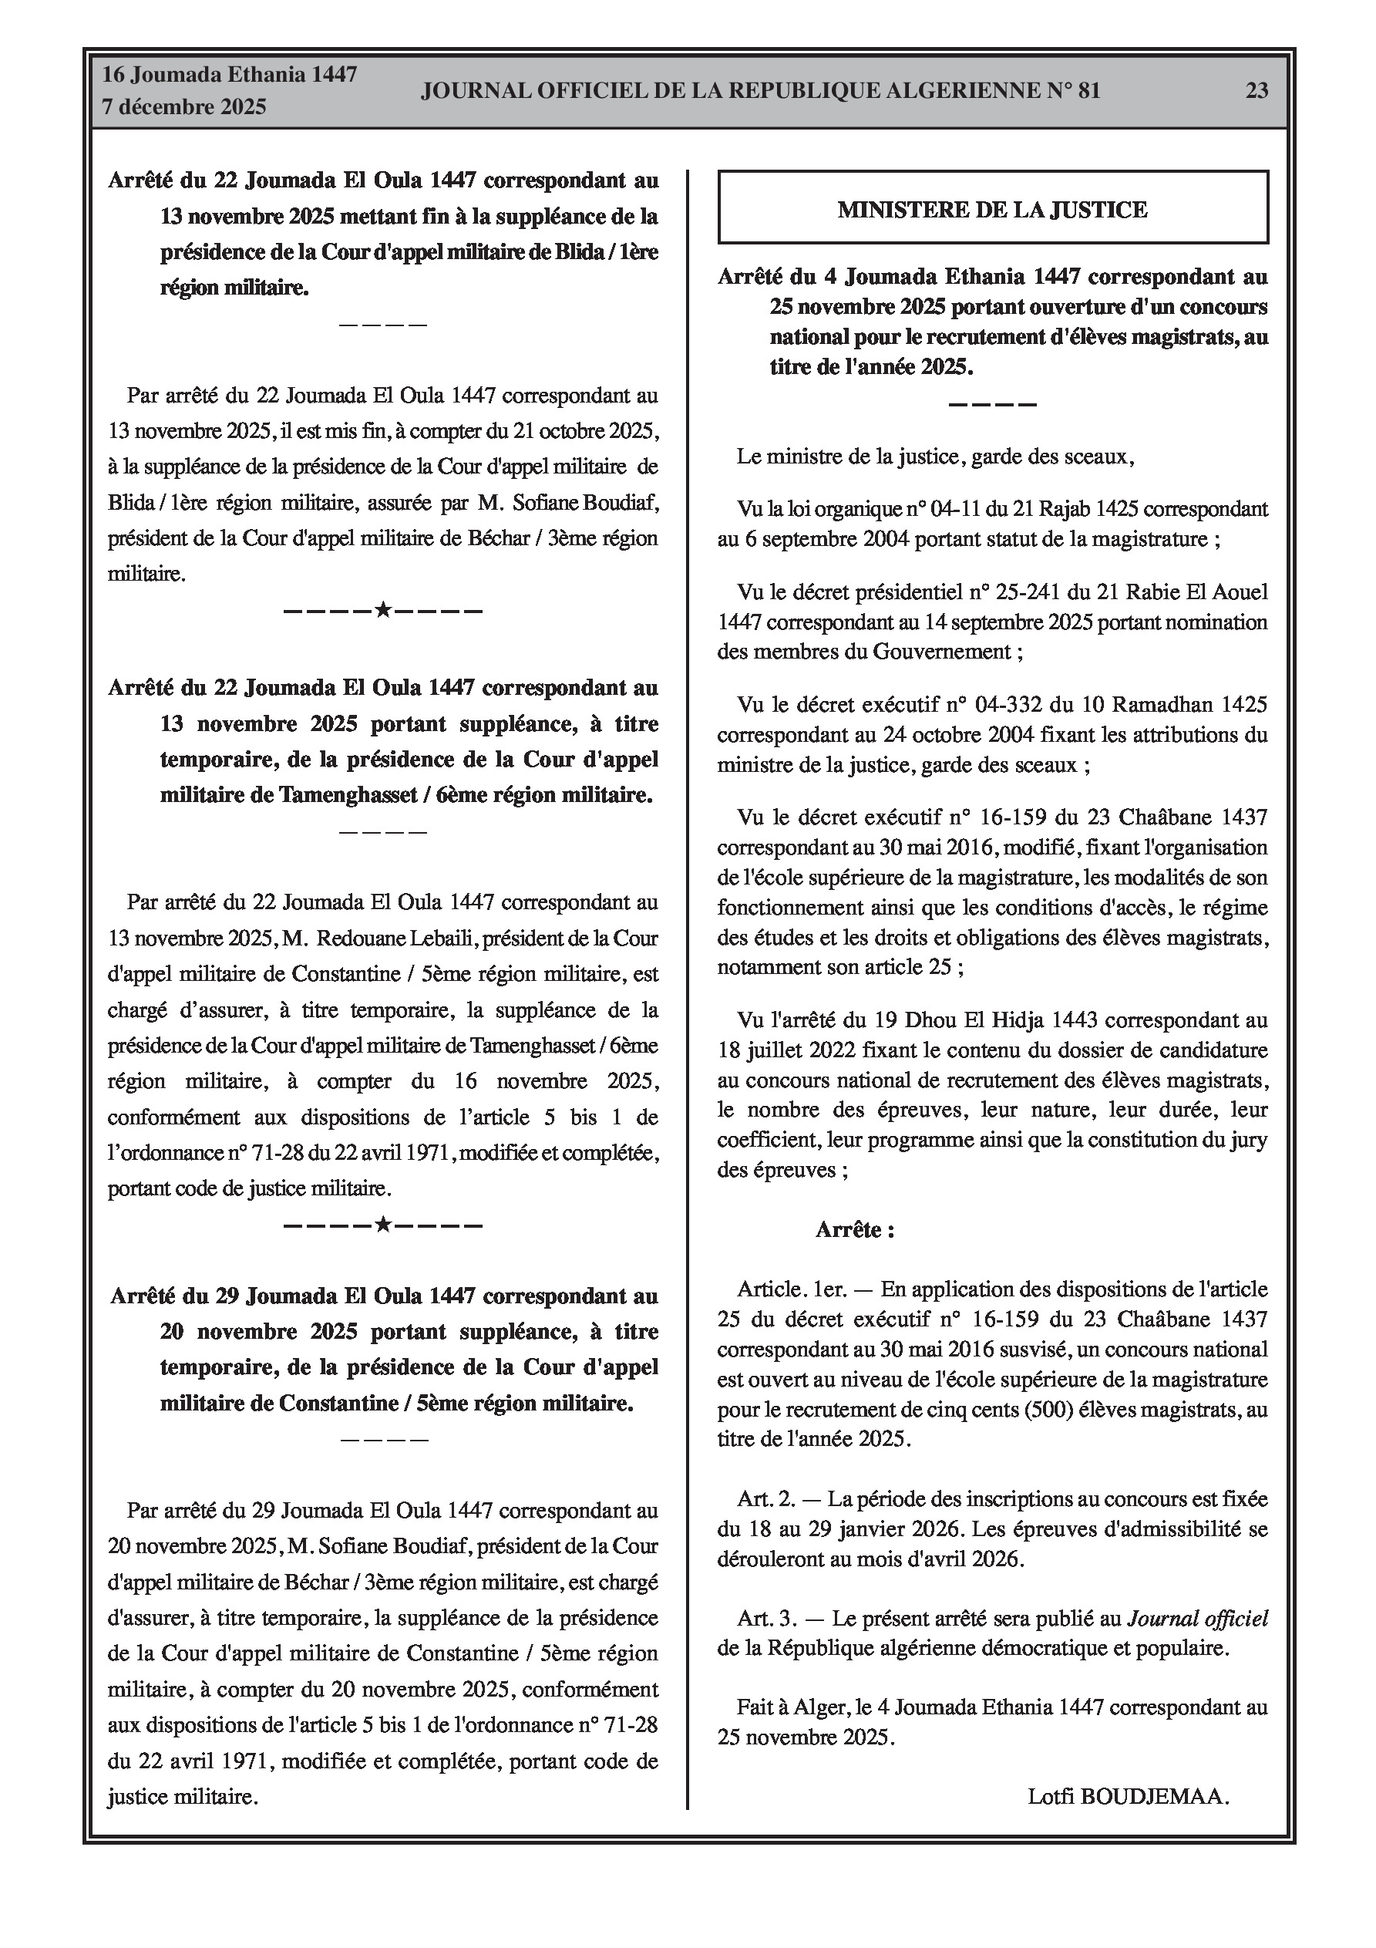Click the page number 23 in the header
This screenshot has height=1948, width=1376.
point(1257,91)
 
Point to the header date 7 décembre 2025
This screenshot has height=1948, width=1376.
point(184,107)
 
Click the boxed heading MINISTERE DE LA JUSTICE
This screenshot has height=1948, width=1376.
point(993,210)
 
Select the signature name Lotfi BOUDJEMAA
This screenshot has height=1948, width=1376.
point(1128,1795)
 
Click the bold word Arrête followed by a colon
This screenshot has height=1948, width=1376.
point(854,1229)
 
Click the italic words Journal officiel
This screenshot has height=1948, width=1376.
point(1197,1618)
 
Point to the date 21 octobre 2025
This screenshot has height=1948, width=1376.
point(584,430)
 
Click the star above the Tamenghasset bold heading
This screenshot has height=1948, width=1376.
point(382,610)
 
